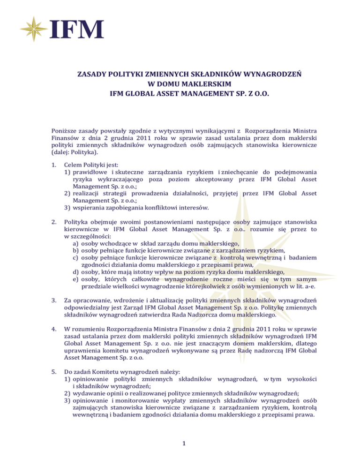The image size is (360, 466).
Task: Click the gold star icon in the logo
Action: tap(35, 29)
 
